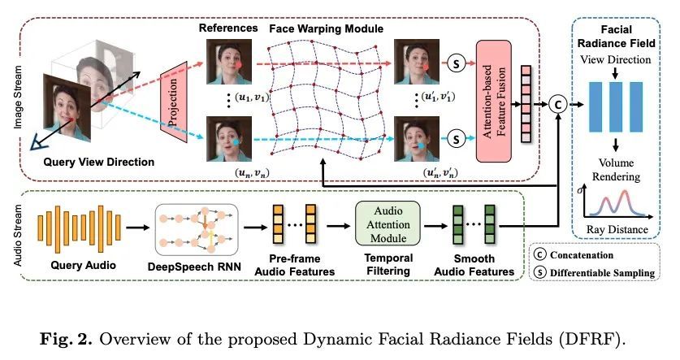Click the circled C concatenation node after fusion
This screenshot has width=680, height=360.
557,102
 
